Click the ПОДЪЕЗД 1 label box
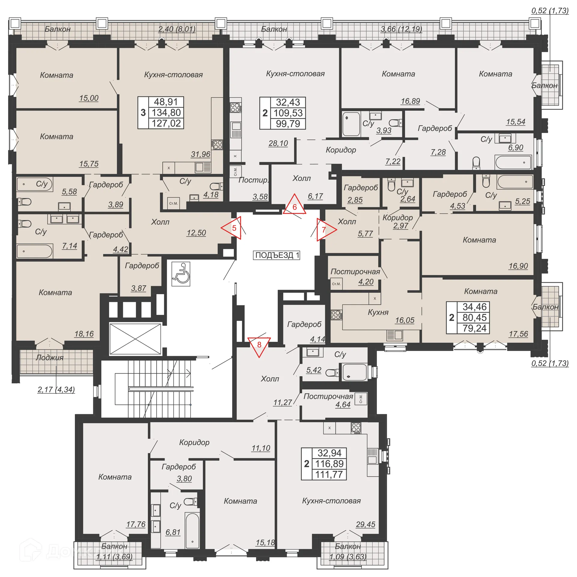point(276,255)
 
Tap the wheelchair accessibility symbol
point(181,274)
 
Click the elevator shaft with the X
point(135,339)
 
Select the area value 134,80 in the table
point(166,113)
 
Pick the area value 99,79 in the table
point(288,124)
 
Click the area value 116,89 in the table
point(329,464)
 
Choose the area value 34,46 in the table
point(474,307)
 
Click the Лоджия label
point(50,358)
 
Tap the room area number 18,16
point(84,334)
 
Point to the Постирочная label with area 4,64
point(328,396)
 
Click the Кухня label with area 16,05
point(378,313)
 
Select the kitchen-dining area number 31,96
point(200,154)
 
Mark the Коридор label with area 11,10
point(194,442)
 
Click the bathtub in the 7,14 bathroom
point(35,251)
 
